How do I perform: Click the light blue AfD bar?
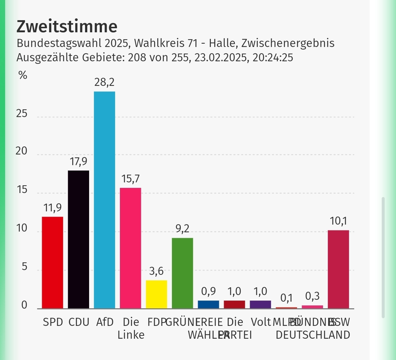click(x=104, y=200)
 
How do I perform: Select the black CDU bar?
click(x=78, y=239)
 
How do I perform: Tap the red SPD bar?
click(x=52, y=262)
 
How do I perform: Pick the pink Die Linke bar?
click(x=131, y=248)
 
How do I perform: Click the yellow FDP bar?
click(x=157, y=294)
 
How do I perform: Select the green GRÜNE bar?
click(x=183, y=273)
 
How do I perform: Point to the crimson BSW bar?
click(x=338, y=269)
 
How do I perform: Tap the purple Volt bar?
click(x=260, y=304)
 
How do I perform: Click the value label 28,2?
click(x=104, y=83)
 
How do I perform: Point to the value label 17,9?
click(x=78, y=162)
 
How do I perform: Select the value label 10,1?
click(x=338, y=221)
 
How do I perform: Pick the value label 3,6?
click(x=157, y=272)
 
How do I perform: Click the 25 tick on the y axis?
click(x=22, y=114)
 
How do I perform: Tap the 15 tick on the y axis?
click(x=22, y=190)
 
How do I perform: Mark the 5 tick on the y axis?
click(x=24, y=267)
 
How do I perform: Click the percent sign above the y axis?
click(x=23, y=76)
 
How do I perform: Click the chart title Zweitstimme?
click(x=67, y=27)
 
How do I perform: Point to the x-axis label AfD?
click(x=104, y=322)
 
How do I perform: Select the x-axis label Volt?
click(x=261, y=322)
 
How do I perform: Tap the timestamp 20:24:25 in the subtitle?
click(x=273, y=58)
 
